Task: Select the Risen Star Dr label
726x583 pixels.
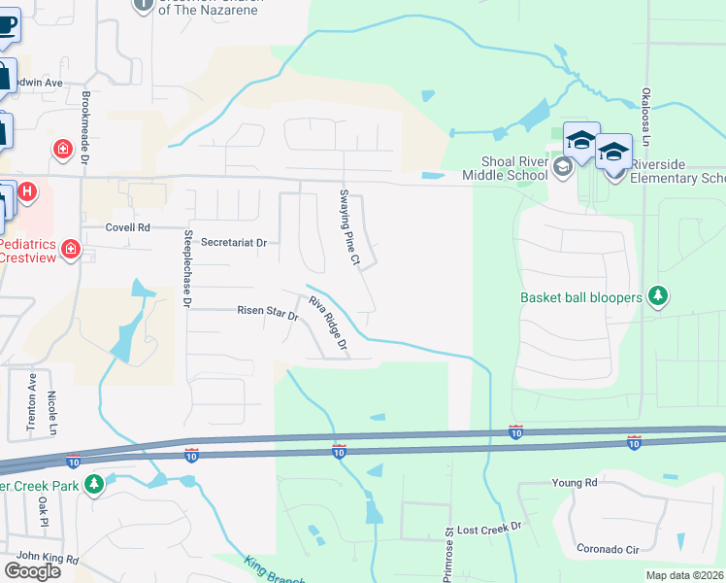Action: [267, 312]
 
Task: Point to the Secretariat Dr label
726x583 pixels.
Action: [233, 242]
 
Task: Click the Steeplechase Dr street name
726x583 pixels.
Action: [187, 268]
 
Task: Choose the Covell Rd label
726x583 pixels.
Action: [128, 227]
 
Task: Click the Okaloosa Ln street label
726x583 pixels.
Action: [645, 117]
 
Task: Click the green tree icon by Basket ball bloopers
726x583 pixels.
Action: [658, 295]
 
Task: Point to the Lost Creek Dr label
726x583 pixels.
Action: [489, 526]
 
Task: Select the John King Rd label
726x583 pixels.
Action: [47, 556]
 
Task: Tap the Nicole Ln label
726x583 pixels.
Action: [52, 414]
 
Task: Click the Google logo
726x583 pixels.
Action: [32, 570]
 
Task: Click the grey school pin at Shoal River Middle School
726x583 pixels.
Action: [561, 168]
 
